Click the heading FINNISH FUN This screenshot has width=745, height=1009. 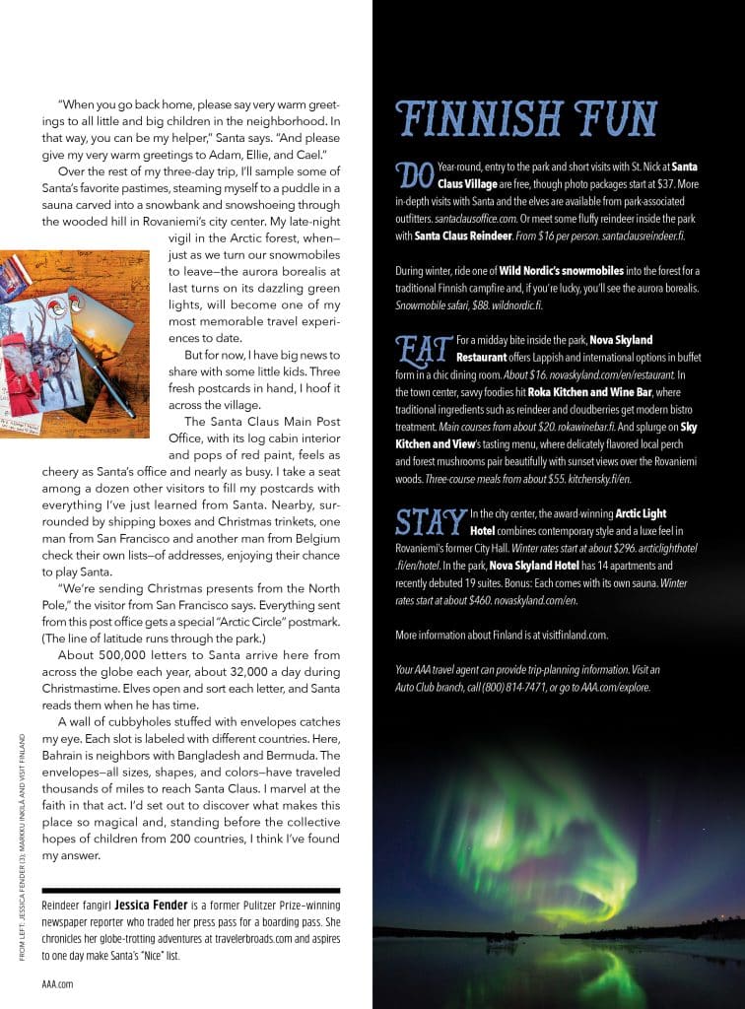click(x=525, y=119)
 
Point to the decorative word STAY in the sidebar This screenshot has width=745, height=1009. click(x=430, y=521)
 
